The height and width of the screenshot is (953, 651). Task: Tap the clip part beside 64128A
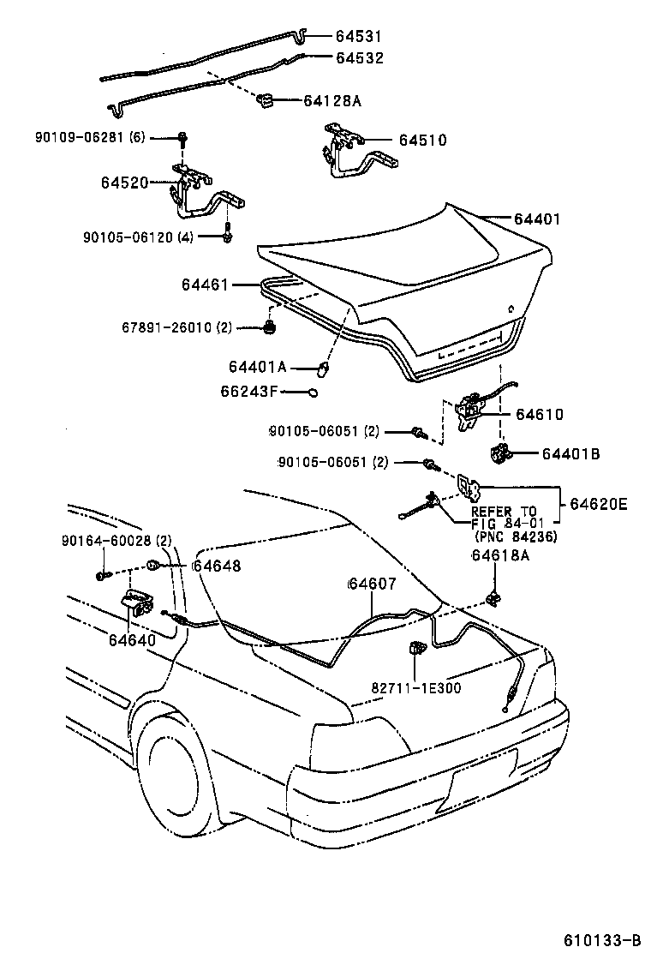[x=265, y=101]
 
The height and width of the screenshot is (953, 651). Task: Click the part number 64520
[x=124, y=183]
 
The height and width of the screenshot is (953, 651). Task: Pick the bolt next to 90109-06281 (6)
[x=183, y=138]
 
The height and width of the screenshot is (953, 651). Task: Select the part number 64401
[x=537, y=219]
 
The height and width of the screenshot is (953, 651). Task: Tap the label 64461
[x=205, y=285]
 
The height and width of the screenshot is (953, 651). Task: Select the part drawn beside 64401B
[x=499, y=453]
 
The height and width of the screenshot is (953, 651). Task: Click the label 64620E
[x=595, y=505]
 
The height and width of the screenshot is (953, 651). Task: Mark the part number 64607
[x=372, y=584]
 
